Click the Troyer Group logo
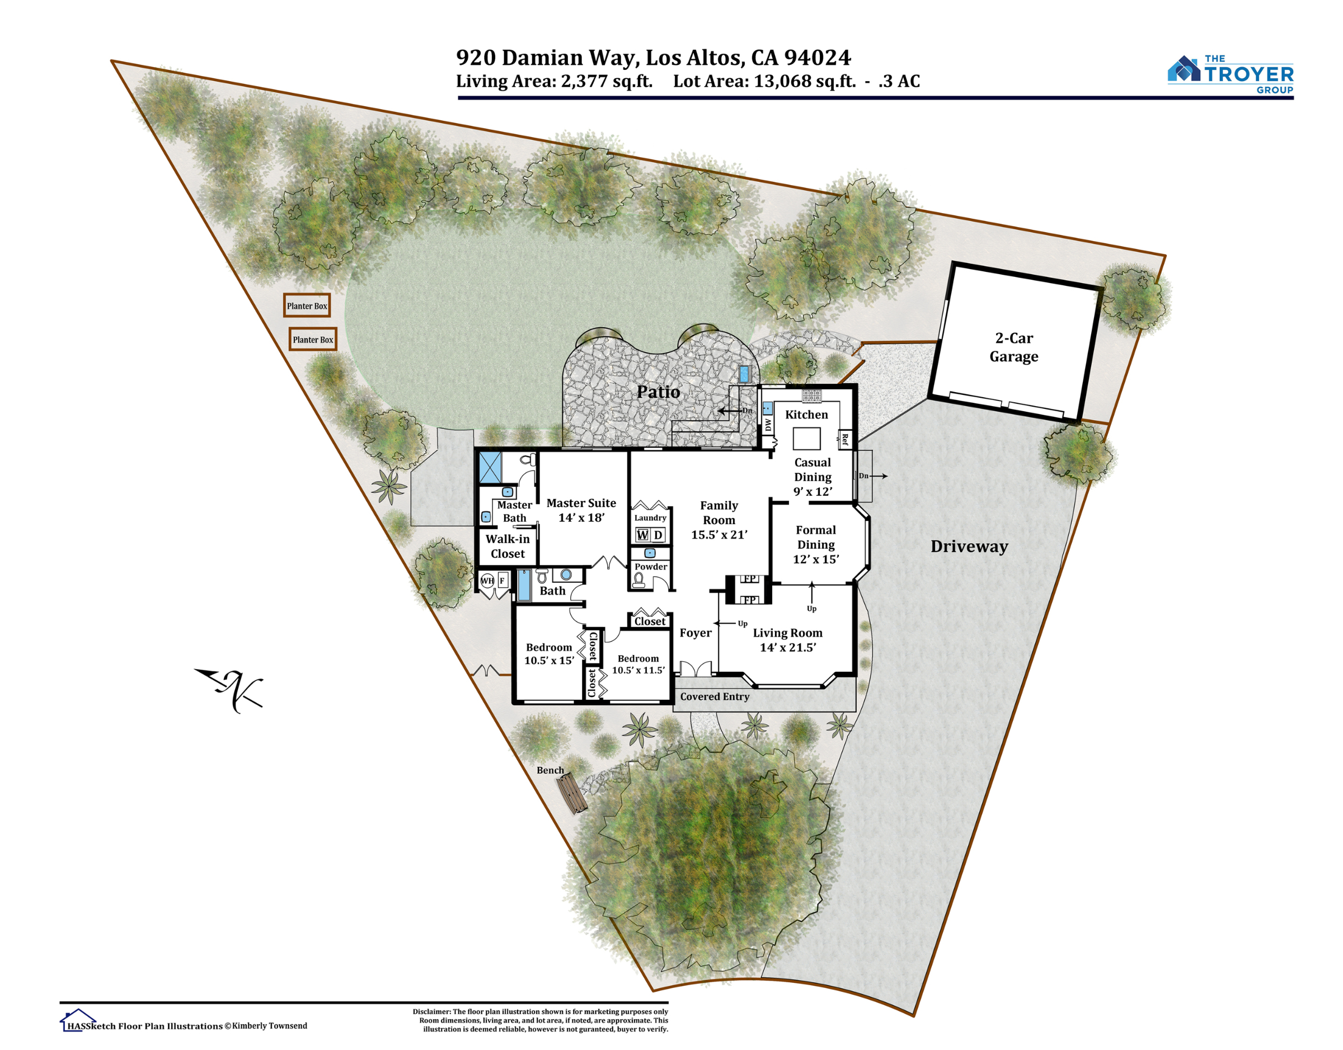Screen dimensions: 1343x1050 tap(1230, 75)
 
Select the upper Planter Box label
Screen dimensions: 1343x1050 tap(307, 305)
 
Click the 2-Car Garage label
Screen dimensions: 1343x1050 tap(1013, 347)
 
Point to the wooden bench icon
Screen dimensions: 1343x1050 tap(572, 793)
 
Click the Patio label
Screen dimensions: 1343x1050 tap(658, 392)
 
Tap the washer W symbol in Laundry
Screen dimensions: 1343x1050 tap(642, 535)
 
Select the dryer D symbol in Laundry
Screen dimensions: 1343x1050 tap(658, 535)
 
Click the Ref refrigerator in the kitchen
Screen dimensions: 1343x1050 tap(845, 440)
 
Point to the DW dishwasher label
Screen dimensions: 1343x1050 tap(767, 425)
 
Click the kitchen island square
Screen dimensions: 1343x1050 tap(806, 439)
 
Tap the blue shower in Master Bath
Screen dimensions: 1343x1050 tap(490, 468)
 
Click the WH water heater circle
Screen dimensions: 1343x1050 tap(487, 580)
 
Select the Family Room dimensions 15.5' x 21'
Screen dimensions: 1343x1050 tap(719, 535)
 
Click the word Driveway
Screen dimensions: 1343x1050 tap(969, 547)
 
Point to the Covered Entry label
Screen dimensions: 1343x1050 tap(715, 696)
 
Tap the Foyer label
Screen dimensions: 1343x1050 tap(696, 633)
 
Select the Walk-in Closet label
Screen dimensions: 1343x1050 tap(508, 546)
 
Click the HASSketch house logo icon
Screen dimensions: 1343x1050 tap(77, 1020)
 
